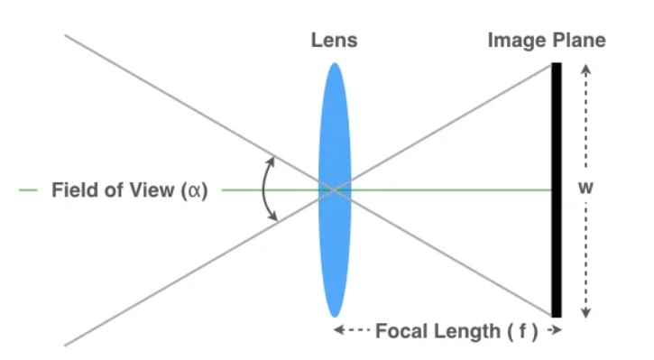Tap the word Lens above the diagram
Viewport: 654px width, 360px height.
point(334,41)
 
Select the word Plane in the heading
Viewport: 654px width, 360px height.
point(577,41)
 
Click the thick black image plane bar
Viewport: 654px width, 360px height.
point(557,189)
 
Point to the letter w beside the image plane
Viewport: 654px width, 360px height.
point(587,189)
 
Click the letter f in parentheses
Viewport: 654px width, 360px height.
point(522,331)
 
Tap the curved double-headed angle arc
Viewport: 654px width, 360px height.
point(263,189)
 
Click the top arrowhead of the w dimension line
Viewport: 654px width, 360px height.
point(587,68)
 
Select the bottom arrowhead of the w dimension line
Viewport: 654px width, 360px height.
point(587,312)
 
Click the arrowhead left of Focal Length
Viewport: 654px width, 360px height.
point(338,331)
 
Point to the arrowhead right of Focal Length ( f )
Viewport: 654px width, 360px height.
point(558,331)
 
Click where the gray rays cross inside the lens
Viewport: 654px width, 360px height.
point(334,189)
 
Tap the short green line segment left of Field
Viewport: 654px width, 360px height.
point(29,190)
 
